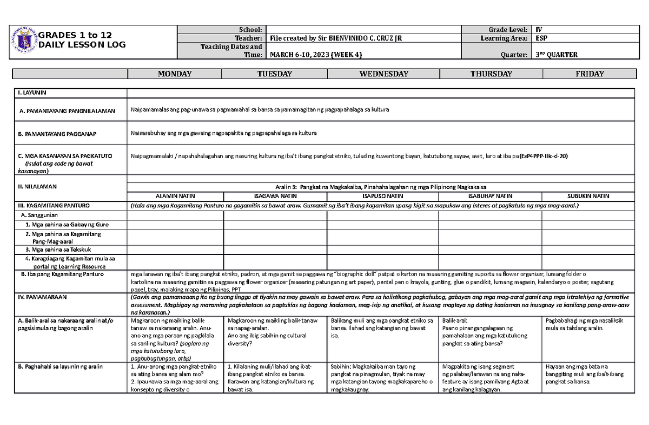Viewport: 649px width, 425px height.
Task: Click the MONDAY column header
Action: pyautogui.click(x=175, y=74)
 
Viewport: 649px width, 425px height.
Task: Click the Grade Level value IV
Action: pyautogui.click(x=538, y=29)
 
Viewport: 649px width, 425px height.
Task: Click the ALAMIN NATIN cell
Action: pyautogui.click(x=175, y=195)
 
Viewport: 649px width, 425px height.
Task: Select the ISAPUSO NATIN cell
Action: pyautogui.click(x=382, y=195)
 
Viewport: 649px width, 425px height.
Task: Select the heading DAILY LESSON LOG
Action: pyautogui.click(x=82, y=45)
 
